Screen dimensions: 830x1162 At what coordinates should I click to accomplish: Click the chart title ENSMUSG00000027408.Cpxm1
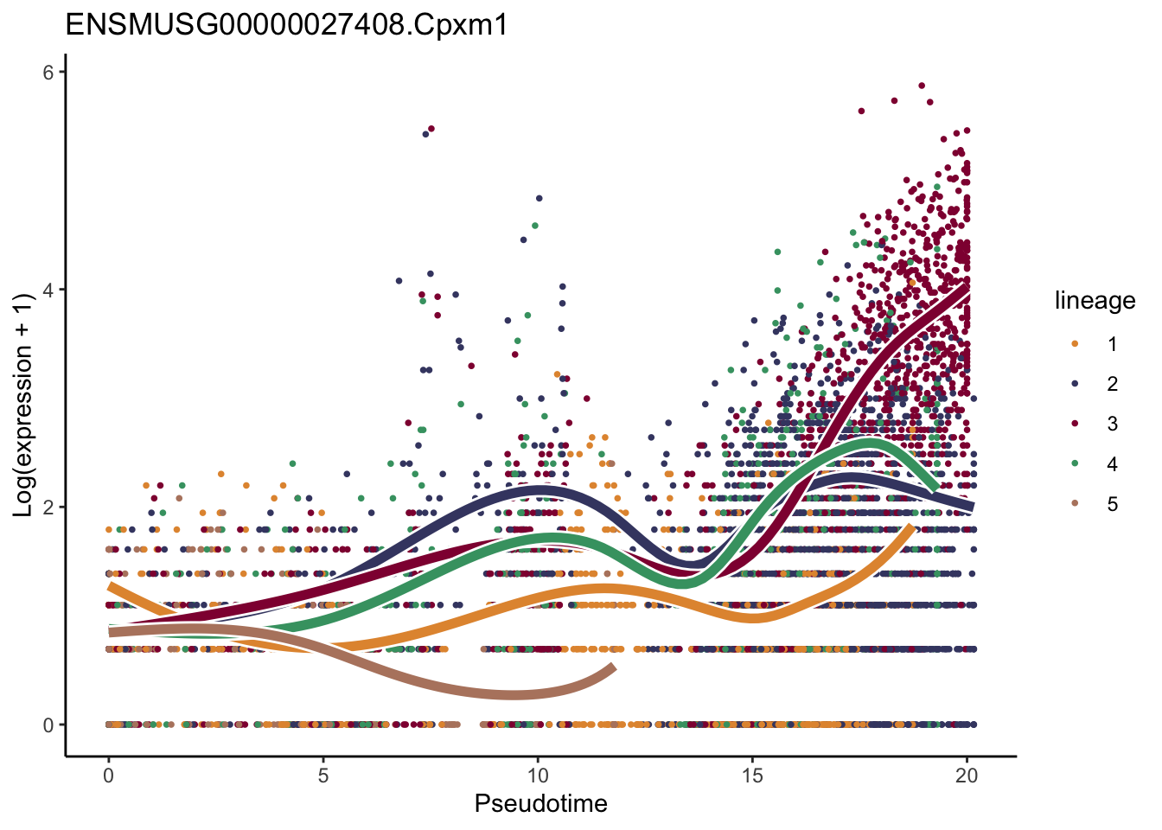pos(286,25)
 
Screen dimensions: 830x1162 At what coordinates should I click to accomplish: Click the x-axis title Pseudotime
pos(540,804)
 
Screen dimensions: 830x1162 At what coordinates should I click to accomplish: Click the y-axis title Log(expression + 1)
pos(23,405)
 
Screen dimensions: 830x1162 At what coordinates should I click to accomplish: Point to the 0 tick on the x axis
pos(108,776)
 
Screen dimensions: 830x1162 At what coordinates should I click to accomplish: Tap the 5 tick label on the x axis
pos(322,776)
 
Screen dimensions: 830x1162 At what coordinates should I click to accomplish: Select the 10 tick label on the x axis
pos(538,776)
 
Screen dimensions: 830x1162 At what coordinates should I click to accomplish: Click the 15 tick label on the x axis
pos(752,776)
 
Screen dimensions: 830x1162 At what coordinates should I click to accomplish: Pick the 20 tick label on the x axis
pos(967,776)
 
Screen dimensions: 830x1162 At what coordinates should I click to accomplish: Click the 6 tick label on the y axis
pos(49,73)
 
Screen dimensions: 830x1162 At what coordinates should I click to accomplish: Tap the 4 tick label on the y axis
pos(49,290)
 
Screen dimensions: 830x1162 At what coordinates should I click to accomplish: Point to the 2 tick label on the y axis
pos(49,508)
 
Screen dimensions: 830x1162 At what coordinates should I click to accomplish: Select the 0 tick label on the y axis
pos(49,725)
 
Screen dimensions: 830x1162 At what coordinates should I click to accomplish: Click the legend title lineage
pos(1095,301)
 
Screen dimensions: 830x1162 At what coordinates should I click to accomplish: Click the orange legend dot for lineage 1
pos(1075,344)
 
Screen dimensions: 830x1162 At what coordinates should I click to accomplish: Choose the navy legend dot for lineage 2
pos(1075,384)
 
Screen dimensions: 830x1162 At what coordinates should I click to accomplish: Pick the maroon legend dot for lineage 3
pos(1075,424)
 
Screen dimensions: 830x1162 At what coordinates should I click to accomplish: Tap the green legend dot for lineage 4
pos(1075,464)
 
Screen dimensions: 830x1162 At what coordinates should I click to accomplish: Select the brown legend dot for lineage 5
pos(1075,504)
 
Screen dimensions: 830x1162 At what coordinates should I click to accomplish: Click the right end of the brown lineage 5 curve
pos(613,667)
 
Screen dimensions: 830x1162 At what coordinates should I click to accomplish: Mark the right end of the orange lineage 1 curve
pos(911,527)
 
